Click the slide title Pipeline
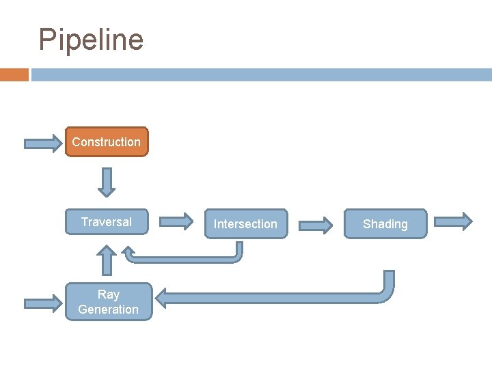pos(91,40)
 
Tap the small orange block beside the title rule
pos(14,74)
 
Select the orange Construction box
pos(107,142)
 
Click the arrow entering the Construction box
pos(42,143)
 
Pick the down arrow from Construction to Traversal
pos(106,182)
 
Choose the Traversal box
pos(107,222)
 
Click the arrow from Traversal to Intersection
pos(176,221)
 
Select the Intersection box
pos(245,224)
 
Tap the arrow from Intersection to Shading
pos(316,224)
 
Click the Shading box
pos(385,224)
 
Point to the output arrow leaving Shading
pos(453,221)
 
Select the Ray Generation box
pos(108,302)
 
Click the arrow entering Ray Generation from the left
pos(42,302)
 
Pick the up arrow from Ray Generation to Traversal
pos(106,260)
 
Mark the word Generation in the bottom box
pos(108,310)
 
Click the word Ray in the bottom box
pos(108,295)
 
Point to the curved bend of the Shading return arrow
pos(386,292)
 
